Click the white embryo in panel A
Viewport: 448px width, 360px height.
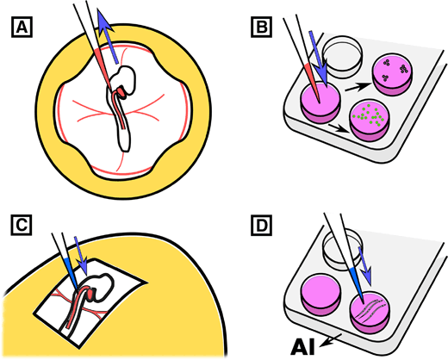pyautogui.click(x=129, y=86)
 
